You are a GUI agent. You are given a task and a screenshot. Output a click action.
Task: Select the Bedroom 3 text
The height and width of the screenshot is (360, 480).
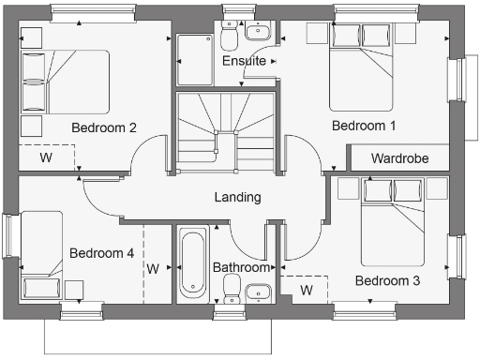tap(387, 280)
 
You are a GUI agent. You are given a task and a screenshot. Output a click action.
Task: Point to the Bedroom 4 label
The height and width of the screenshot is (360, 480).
tap(101, 253)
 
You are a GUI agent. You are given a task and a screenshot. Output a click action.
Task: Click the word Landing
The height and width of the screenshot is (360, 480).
tap(237, 197)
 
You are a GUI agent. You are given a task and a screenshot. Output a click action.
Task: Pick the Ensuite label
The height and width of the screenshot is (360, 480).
tap(243, 61)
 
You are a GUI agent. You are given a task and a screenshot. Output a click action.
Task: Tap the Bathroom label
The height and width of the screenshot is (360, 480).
tap(241, 267)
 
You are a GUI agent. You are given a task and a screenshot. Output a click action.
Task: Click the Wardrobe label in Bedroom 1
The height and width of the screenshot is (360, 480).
tap(399, 158)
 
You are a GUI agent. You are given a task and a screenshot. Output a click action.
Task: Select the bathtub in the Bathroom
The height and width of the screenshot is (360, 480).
tap(192, 263)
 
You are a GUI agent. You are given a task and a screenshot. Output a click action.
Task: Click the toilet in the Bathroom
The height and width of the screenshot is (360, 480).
tap(232, 292)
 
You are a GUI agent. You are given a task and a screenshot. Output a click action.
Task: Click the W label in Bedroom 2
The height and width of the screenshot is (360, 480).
tap(45, 157)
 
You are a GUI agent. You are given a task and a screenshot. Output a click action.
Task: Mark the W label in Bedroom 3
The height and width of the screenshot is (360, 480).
tap(306, 290)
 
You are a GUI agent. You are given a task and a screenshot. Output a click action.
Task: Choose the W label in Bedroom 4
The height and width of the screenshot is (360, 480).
tap(153, 269)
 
